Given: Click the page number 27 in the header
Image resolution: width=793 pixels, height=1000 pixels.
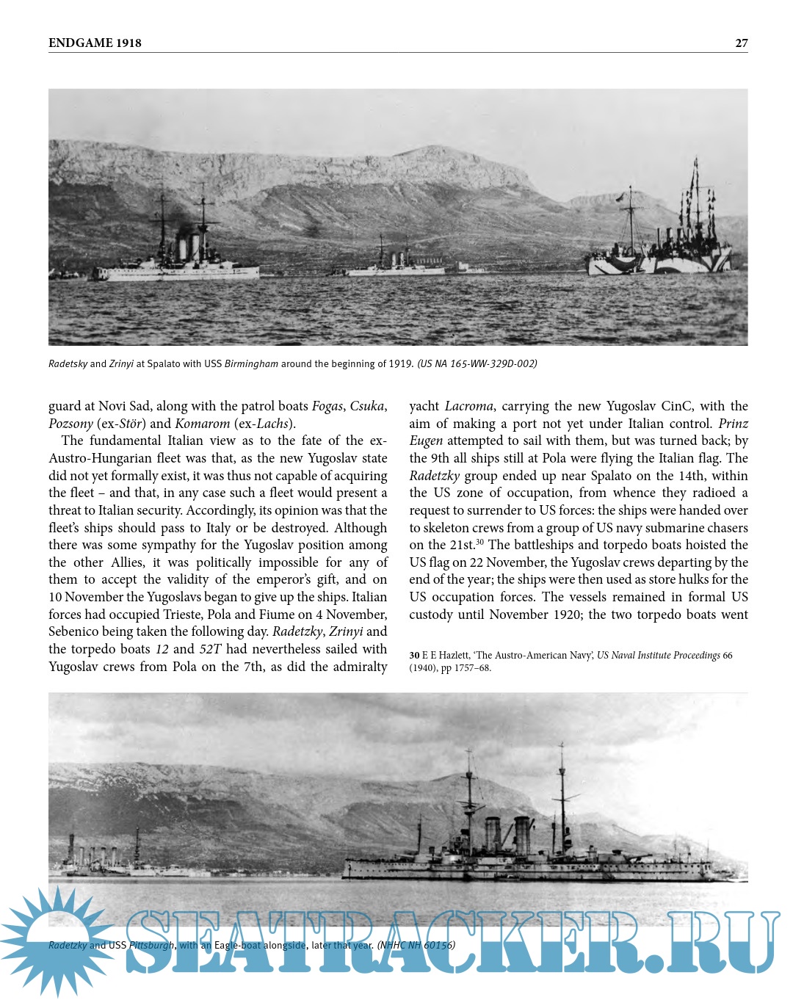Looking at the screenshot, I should pyautogui.click(x=742, y=43).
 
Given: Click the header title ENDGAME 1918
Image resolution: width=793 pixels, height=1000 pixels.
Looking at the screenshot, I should pyautogui.click(x=95, y=43).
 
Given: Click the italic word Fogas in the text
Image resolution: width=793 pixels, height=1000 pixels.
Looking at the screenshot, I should pyautogui.click(x=327, y=406).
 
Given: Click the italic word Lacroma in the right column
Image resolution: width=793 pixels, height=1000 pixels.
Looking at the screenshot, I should pyautogui.click(x=468, y=406).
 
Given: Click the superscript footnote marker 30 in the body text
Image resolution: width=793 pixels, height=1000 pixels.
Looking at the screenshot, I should pyautogui.click(x=479, y=542).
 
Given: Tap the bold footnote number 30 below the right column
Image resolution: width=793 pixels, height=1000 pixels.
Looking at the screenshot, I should pyautogui.click(x=414, y=656).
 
